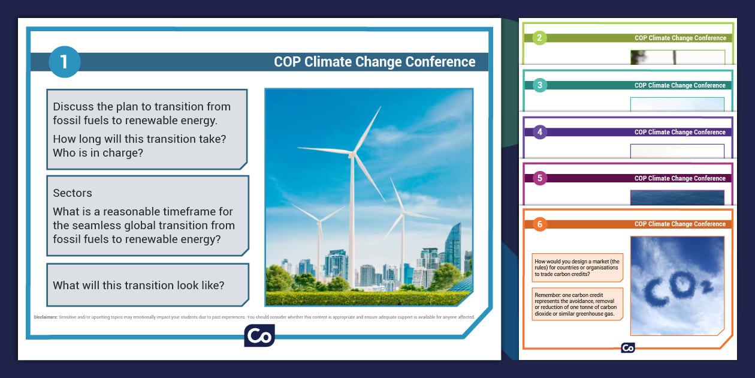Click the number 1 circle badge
[x=64, y=62]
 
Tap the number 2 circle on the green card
[x=539, y=38]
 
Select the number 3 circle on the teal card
[x=539, y=85]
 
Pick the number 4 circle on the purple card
[x=539, y=132]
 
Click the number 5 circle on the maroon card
[x=539, y=178]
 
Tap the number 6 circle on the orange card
[x=539, y=224]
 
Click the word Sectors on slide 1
[x=73, y=193]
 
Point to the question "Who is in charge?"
[x=98, y=153]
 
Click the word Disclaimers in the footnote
[x=46, y=317]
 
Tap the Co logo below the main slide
[x=259, y=335]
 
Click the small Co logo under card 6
[x=627, y=348]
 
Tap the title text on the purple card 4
[x=680, y=132]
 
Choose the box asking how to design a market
[x=578, y=268]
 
